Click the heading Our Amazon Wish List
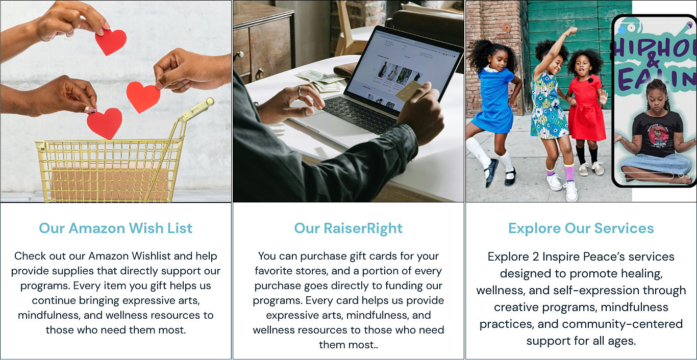[x=115, y=228]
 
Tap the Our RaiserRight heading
[x=348, y=228]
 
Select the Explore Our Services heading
[x=581, y=228]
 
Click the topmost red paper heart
[x=110, y=42]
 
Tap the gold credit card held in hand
[x=410, y=92]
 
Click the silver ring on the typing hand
[x=300, y=91]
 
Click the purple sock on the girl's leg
[x=569, y=173]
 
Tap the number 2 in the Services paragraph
[x=536, y=257]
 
